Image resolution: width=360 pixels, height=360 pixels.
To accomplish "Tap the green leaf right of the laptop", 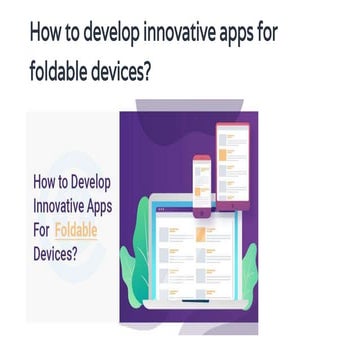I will pyautogui.click(x=247, y=270).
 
